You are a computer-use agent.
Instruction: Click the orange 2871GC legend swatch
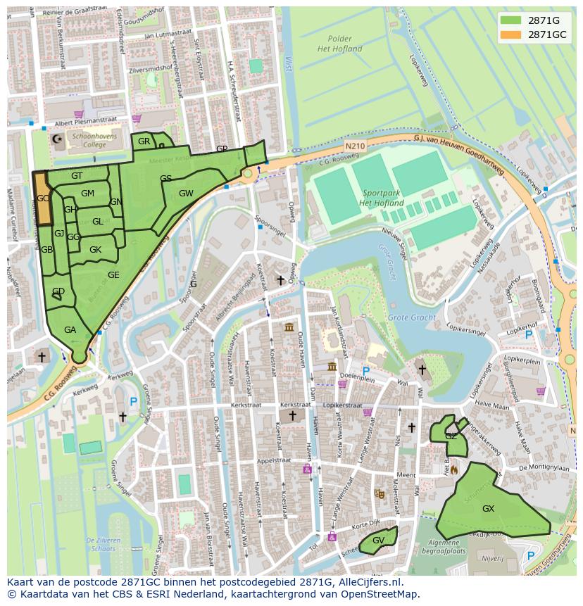click(x=512, y=34)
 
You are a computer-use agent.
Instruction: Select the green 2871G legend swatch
click(x=512, y=20)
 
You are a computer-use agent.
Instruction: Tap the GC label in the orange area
click(x=43, y=198)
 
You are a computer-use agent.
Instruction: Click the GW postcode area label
click(x=186, y=194)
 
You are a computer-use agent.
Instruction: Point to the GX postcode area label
click(x=488, y=508)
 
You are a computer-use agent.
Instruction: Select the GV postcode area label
click(x=378, y=541)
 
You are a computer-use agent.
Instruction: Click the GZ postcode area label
click(x=451, y=436)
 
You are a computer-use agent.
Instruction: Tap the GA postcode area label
click(x=70, y=329)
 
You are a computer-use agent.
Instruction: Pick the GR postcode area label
click(x=144, y=141)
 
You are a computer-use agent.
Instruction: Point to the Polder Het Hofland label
click(x=339, y=44)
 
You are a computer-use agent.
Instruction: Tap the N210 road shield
click(x=356, y=146)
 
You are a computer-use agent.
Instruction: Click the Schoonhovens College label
click(x=98, y=138)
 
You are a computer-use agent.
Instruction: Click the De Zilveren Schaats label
click(x=104, y=543)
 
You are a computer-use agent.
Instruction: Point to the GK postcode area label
click(x=95, y=250)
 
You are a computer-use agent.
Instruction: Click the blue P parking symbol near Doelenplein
click(x=365, y=370)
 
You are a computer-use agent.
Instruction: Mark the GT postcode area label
click(x=77, y=175)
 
